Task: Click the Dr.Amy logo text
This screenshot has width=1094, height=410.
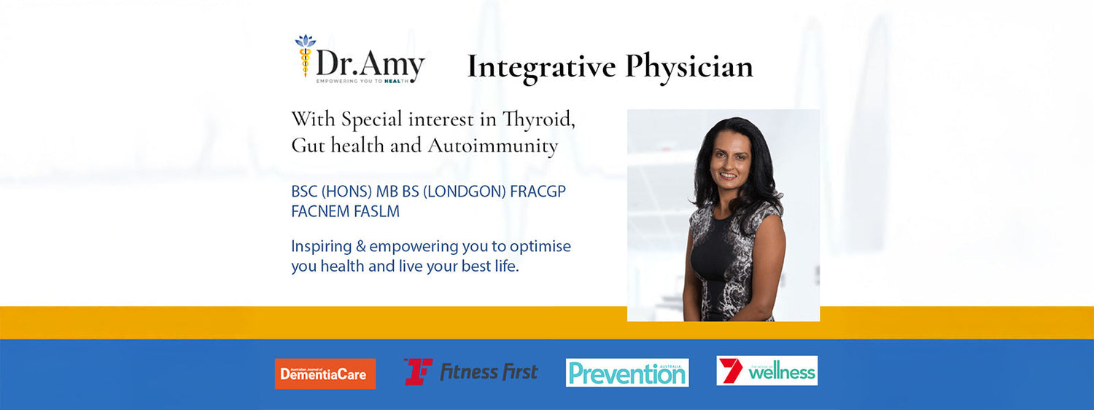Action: (x=371, y=64)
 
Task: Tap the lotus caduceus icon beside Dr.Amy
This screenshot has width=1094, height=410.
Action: (x=306, y=55)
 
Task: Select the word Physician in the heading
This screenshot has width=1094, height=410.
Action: (x=689, y=67)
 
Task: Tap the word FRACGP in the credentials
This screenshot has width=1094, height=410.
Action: (x=538, y=191)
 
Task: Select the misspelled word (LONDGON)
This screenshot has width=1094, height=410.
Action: (x=464, y=191)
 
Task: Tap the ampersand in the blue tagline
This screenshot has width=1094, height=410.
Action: (x=360, y=246)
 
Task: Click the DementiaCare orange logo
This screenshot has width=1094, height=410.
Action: (x=325, y=374)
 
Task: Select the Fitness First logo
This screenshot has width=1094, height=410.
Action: (x=471, y=371)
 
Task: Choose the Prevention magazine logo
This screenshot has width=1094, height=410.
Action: (x=627, y=373)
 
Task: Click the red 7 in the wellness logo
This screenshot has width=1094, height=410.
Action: (x=731, y=371)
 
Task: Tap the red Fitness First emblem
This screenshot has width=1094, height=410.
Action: (x=419, y=371)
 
